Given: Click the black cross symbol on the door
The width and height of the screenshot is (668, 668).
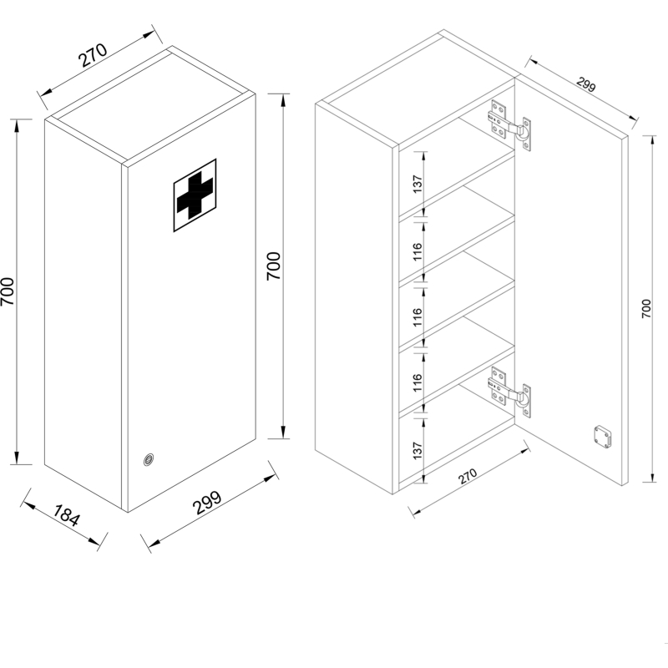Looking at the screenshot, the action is pyautogui.click(x=195, y=195).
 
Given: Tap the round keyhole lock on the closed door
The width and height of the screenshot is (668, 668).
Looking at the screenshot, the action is pyautogui.click(x=149, y=460).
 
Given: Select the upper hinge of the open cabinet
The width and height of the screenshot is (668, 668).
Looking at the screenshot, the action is pyautogui.click(x=509, y=125).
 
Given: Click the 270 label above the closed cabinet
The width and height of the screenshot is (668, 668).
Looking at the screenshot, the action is pyautogui.click(x=94, y=55).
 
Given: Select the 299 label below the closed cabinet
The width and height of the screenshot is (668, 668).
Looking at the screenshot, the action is pyautogui.click(x=207, y=503).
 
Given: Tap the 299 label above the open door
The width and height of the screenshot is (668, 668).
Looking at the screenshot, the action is pyautogui.click(x=586, y=84).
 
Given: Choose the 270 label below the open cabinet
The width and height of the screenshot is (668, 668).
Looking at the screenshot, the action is pyautogui.click(x=468, y=476).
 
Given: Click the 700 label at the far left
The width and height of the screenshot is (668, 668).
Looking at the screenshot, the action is pyautogui.click(x=8, y=291).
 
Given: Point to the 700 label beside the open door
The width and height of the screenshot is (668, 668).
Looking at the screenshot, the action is pyautogui.click(x=646, y=308).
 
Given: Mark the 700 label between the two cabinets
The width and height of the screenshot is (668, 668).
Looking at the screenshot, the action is pyautogui.click(x=274, y=266).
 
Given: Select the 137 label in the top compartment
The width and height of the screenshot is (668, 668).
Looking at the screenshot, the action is pyautogui.click(x=417, y=184).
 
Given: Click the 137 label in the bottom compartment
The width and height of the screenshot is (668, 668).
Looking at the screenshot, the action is pyautogui.click(x=417, y=451).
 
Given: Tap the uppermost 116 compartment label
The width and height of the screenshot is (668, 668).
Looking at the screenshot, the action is pyautogui.click(x=417, y=252).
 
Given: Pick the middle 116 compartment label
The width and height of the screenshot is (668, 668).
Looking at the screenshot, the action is pyautogui.click(x=417, y=317).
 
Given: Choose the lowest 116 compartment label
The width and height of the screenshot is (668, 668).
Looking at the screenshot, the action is pyautogui.click(x=417, y=382).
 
